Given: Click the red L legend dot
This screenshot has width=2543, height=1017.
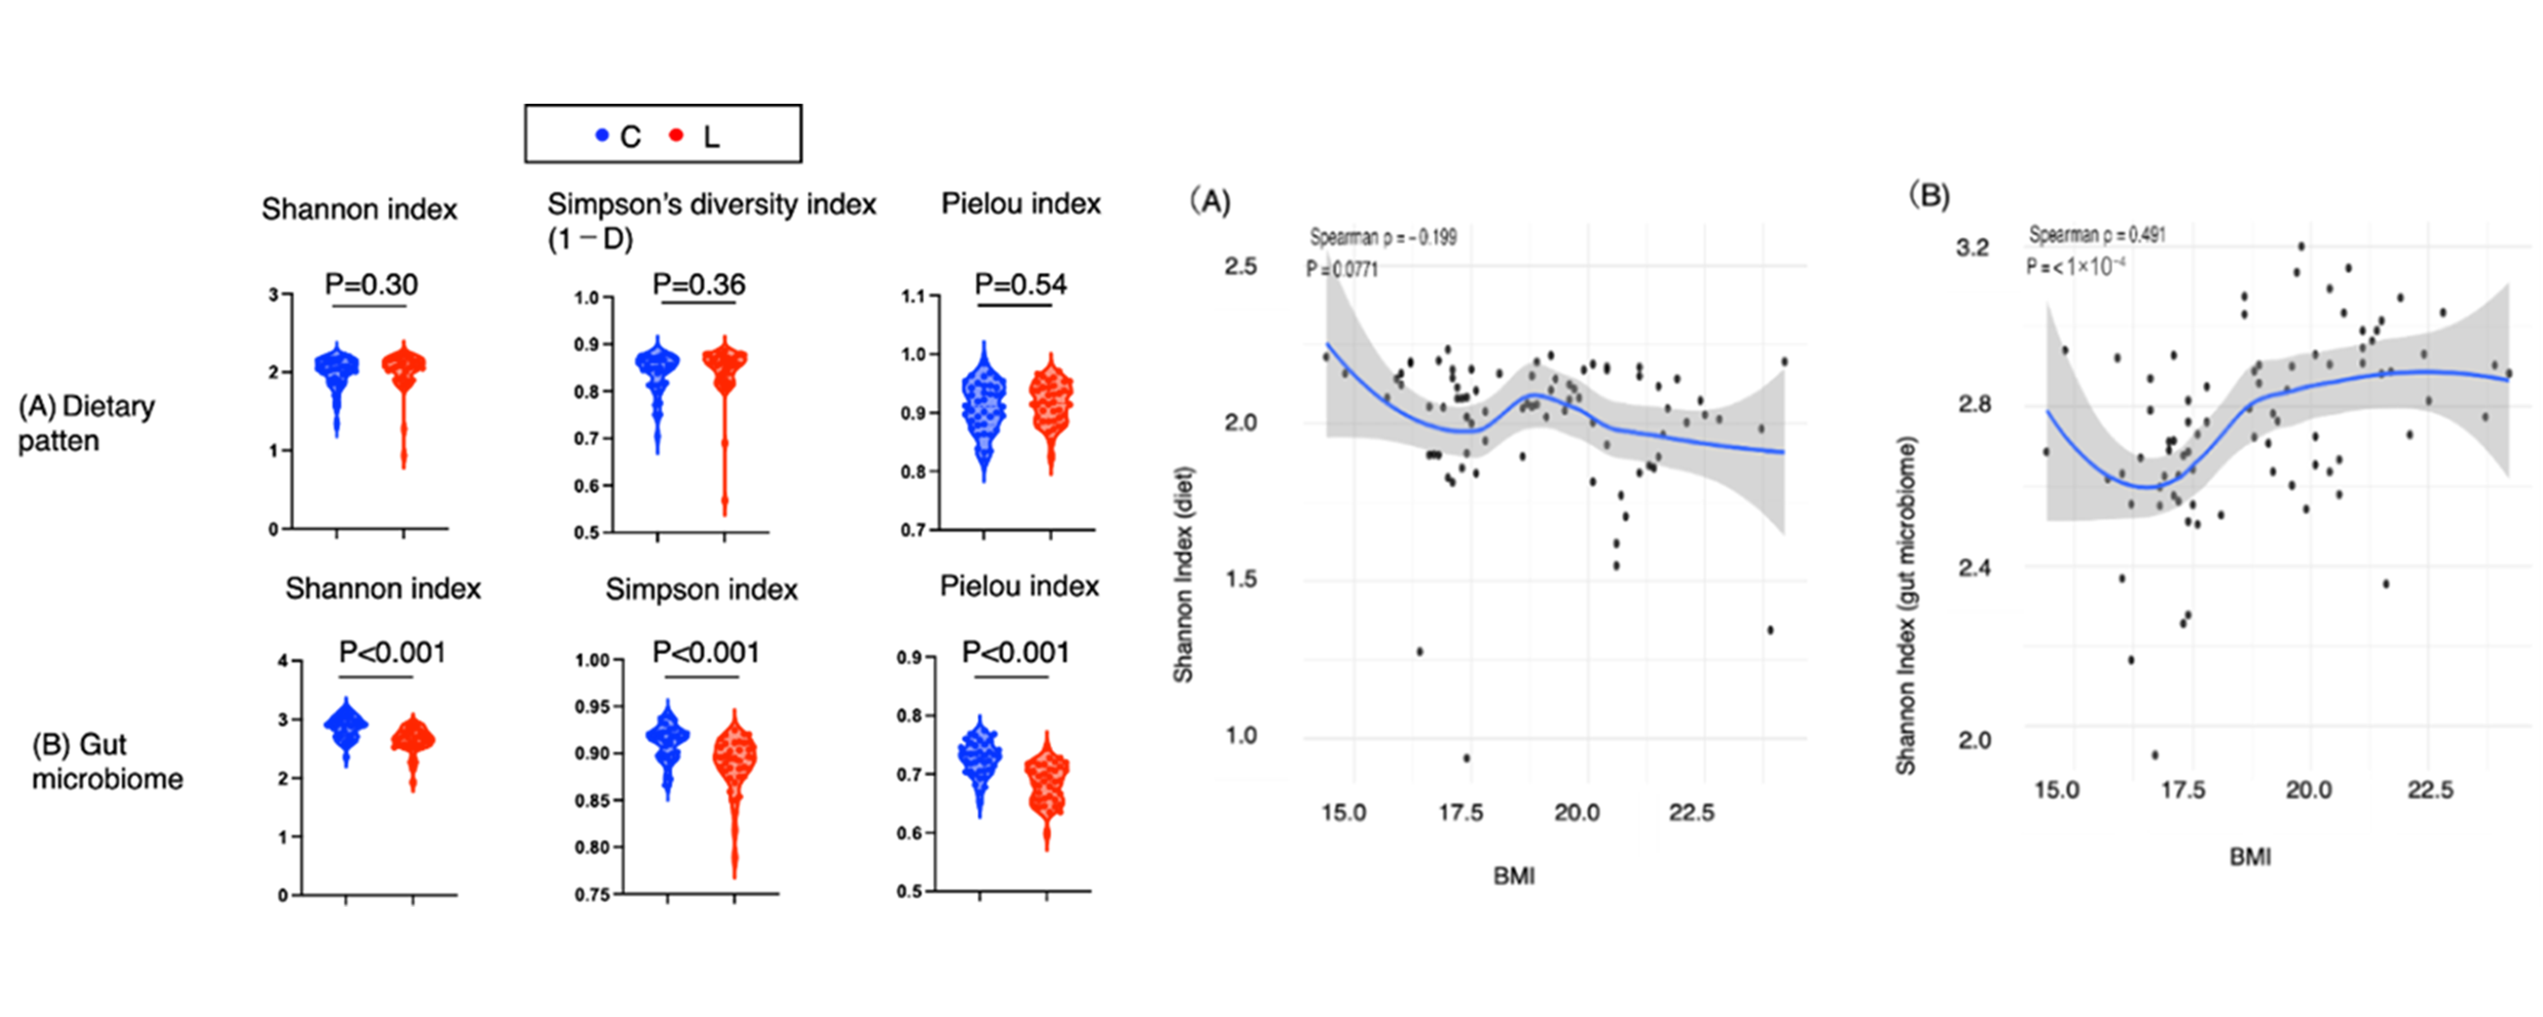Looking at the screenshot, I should (x=676, y=135).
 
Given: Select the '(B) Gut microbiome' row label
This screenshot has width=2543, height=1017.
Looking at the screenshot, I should (x=107, y=761).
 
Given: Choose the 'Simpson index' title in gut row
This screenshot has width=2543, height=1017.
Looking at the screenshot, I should (x=701, y=589).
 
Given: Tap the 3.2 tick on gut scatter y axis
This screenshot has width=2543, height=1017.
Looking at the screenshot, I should (x=1973, y=247).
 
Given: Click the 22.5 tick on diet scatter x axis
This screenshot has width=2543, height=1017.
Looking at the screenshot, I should (x=1691, y=813).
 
